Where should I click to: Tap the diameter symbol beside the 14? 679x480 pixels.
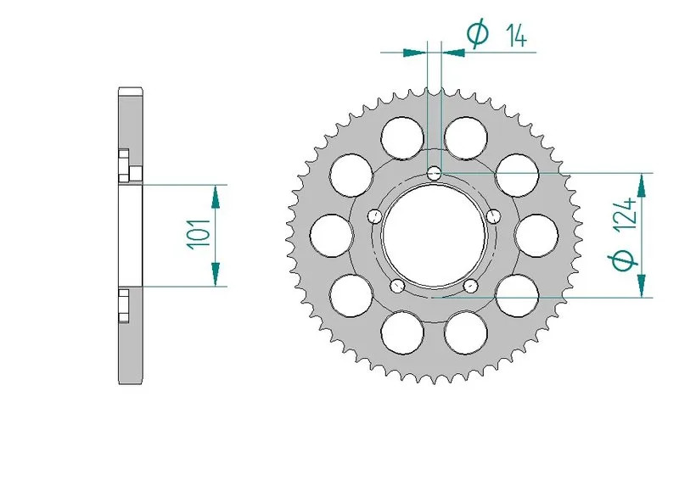[x=478, y=34]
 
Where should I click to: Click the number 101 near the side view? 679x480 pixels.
[x=197, y=233]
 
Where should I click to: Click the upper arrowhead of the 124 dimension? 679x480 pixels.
[x=641, y=186]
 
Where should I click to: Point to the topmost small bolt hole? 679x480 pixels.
[x=435, y=174]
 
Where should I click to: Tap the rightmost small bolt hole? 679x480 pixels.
[x=494, y=216]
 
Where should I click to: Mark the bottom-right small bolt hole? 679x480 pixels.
[x=470, y=286]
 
